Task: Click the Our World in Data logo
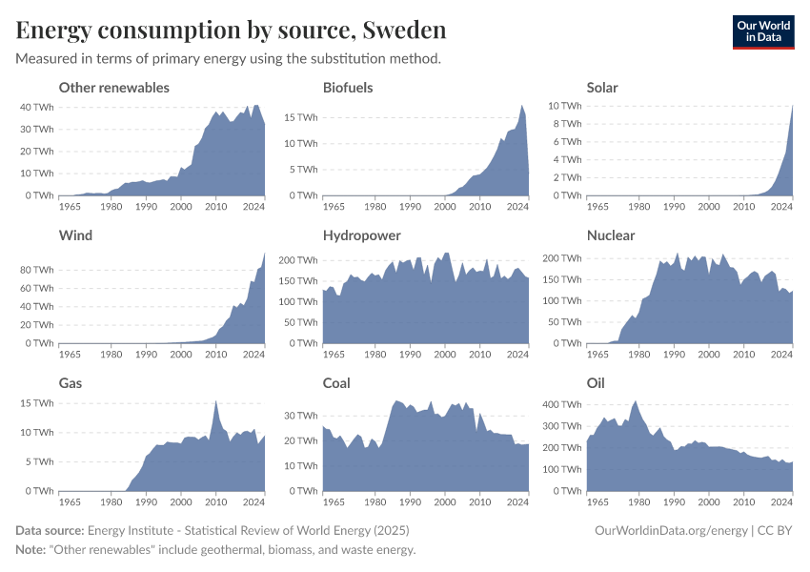pyautogui.click(x=762, y=31)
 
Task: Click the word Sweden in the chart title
pyautogui.click(x=404, y=31)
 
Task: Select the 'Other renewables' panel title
pyautogui.click(x=113, y=88)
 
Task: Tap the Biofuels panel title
pyautogui.click(x=348, y=88)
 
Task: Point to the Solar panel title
pyautogui.click(x=602, y=88)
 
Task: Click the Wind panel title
pyautogui.click(x=75, y=235)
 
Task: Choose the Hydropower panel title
pyautogui.click(x=361, y=235)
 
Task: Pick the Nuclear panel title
pyautogui.click(x=611, y=235)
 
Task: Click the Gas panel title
pyautogui.click(x=71, y=383)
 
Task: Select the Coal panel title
pyautogui.click(x=336, y=383)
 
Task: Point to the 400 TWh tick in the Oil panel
pyautogui.click(x=561, y=404)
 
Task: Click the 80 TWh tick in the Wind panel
pyautogui.click(x=36, y=271)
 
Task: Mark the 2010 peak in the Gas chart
pyautogui.click(x=216, y=401)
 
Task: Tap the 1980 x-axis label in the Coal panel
pyautogui.click(x=375, y=501)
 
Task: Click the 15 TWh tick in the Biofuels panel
pyautogui.click(x=301, y=118)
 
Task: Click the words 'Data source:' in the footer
pyautogui.click(x=50, y=530)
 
